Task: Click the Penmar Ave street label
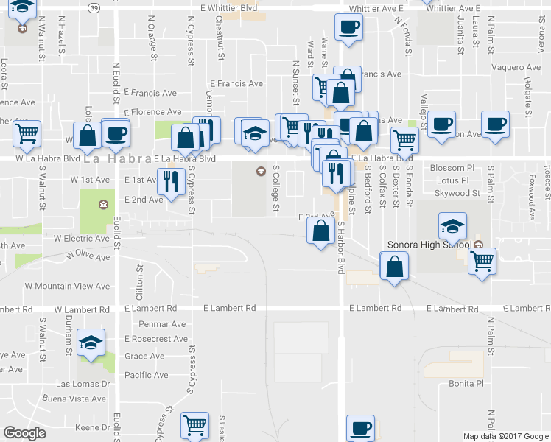(x=162, y=324)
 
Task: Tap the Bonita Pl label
(x=466, y=384)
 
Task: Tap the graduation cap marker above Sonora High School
(x=452, y=225)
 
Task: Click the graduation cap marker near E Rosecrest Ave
(x=91, y=342)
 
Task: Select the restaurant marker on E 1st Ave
(x=171, y=179)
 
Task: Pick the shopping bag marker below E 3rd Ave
(x=320, y=231)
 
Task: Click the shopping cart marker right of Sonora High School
(x=482, y=261)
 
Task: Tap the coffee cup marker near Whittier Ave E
(x=348, y=28)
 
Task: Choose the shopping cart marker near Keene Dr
(x=195, y=424)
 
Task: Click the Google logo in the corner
(x=24, y=433)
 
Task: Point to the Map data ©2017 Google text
(x=505, y=436)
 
